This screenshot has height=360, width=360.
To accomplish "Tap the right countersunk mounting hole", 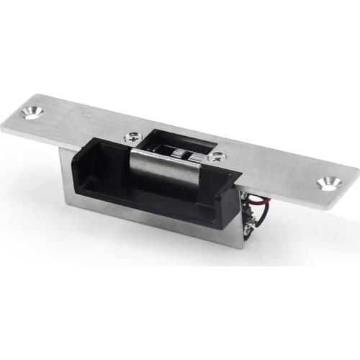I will [x=329, y=183].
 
